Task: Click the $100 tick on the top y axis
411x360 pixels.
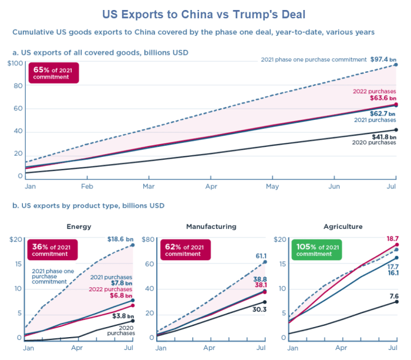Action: click(x=16, y=63)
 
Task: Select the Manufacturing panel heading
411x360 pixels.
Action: click(x=211, y=226)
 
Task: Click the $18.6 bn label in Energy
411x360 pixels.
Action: click(x=119, y=239)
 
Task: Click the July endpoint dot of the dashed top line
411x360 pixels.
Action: click(x=396, y=65)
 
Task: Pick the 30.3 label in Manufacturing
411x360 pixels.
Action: click(x=260, y=309)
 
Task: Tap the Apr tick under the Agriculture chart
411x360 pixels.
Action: click(x=341, y=348)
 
